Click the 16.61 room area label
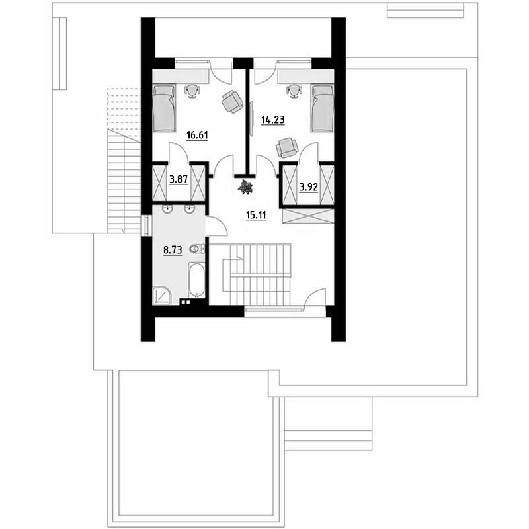click(x=197, y=136)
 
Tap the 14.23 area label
click(x=273, y=120)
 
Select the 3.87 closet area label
click(x=179, y=179)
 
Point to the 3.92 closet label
click(x=309, y=187)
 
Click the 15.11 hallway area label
click(x=256, y=215)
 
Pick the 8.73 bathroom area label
click(x=173, y=250)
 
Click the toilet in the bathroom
click(x=197, y=249)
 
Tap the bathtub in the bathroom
click(x=196, y=280)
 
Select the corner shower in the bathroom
click(x=162, y=296)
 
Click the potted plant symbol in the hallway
click(x=245, y=187)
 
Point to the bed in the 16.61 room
click(x=164, y=108)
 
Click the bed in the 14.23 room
click(x=323, y=108)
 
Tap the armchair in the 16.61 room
click(x=233, y=101)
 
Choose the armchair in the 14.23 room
click(x=287, y=147)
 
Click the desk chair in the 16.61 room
click(x=192, y=91)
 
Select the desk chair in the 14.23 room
click(x=294, y=91)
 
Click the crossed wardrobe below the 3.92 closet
click(x=308, y=216)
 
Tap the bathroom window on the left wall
click(x=147, y=225)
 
